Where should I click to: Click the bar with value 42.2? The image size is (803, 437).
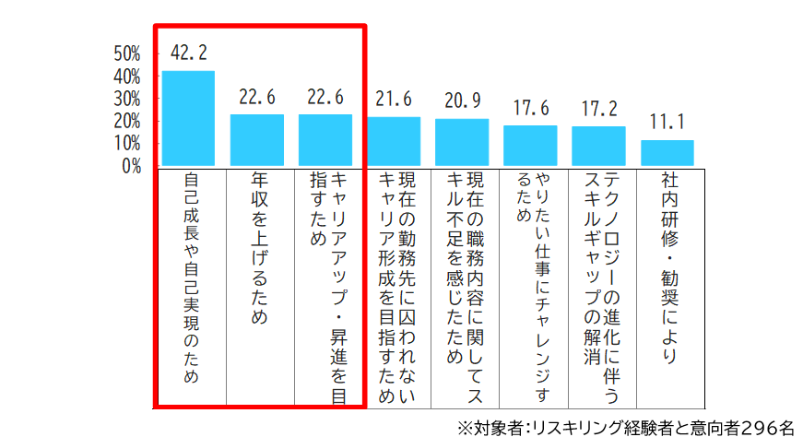click(188, 118)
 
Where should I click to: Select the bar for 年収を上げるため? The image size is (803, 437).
click(256, 140)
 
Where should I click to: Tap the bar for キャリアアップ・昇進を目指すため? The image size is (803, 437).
click(325, 140)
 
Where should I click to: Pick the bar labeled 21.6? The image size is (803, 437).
click(394, 141)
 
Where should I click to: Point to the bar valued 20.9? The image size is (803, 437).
click(462, 142)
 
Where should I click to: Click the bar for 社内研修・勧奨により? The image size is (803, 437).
click(667, 153)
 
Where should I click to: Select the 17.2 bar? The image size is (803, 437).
click(598, 146)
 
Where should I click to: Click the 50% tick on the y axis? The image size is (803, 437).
click(127, 53)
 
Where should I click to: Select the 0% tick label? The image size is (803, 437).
click(132, 166)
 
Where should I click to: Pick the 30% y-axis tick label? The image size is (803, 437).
click(127, 98)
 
